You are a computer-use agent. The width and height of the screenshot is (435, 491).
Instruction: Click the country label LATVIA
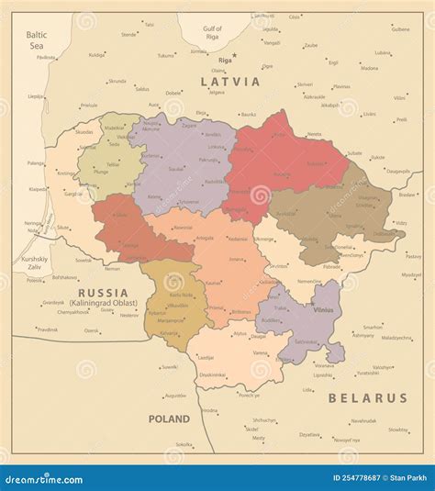[x=229, y=82]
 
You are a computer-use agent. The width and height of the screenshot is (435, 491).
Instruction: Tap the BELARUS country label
[x=368, y=398]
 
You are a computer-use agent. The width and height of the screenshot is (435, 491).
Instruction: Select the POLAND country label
[x=169, y=418]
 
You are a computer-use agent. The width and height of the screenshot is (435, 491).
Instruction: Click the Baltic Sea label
[x=36, y=39]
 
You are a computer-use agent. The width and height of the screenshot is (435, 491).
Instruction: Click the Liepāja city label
[x=36, y=95]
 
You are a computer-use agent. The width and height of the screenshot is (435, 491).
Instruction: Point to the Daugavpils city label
[x=397, y=171]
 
